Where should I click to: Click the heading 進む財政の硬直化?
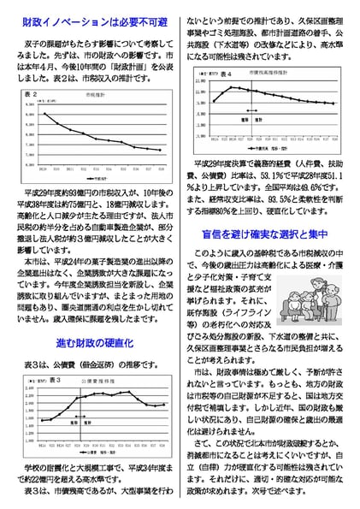coord(92,342)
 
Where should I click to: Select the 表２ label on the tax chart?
coord(32,91)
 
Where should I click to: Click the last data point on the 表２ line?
coord(160,150)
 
